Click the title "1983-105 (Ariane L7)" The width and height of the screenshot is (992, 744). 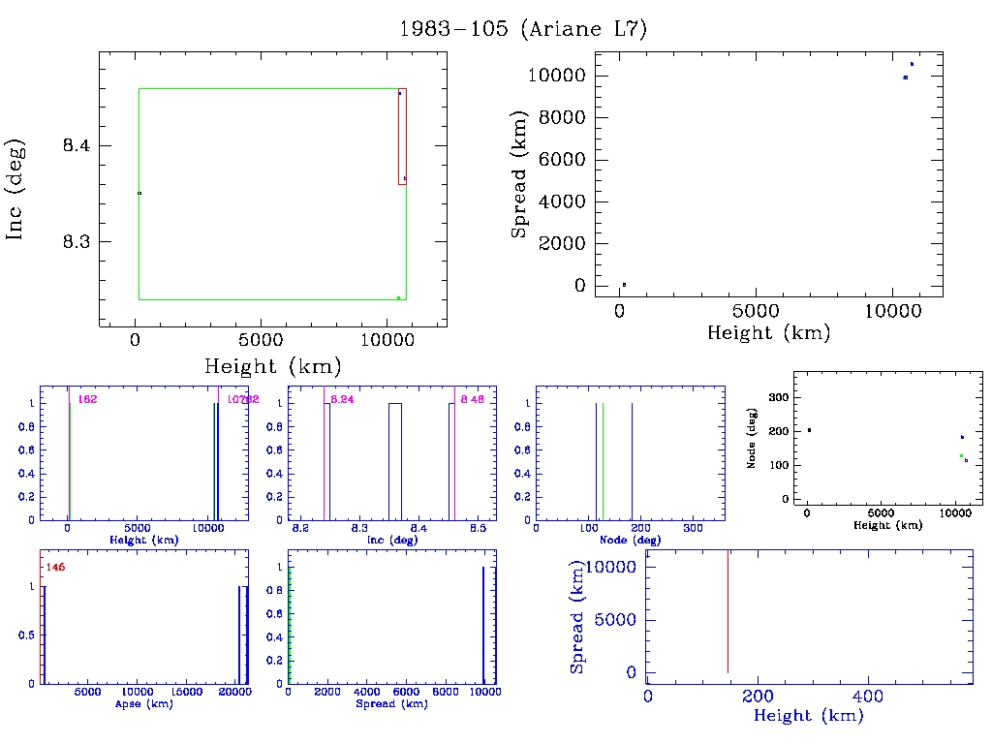pos(523,29)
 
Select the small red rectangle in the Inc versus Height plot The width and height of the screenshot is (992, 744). pos(402,136)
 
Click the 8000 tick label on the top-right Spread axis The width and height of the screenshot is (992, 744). pos(566,118)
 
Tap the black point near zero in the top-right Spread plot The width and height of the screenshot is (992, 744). pos(624,285)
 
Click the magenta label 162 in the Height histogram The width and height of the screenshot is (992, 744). pos(87,399)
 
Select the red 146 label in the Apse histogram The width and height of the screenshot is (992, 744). pos(55,567)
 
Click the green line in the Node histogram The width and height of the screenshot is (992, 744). pos(603,460)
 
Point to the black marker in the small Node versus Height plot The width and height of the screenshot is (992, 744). pos(809,430)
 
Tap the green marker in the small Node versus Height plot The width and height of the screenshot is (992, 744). pos(961,455)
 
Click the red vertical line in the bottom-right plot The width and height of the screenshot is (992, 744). pos(728,610)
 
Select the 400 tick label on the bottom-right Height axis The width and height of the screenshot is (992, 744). pos(866,696)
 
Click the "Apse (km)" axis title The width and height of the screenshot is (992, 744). pos(142,704)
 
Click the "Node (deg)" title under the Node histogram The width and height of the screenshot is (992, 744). pos(633,541)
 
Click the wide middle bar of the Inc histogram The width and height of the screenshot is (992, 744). pos(394,460)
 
